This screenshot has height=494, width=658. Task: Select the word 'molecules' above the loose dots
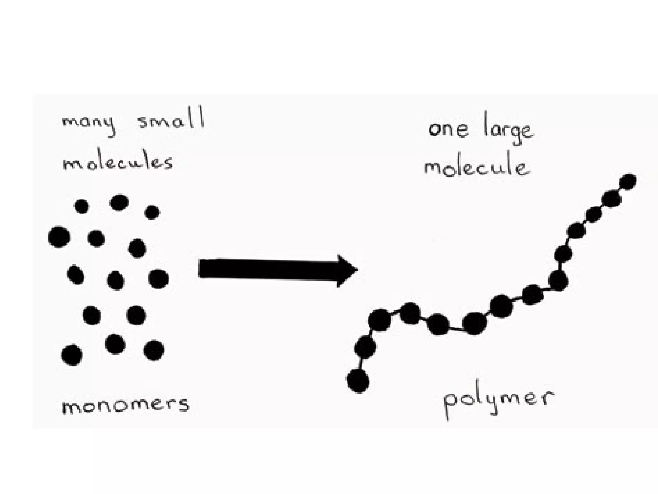pos(118,162)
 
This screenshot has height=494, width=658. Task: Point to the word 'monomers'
pos(125,405)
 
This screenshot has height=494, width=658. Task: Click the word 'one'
pos(448,129)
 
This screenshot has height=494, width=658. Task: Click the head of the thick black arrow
pos(347,270)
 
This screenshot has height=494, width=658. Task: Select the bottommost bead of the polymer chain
pos(358,381)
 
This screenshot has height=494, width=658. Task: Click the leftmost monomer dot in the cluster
pos(59,237)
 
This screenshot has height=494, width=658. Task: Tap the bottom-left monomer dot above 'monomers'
pos(72,355)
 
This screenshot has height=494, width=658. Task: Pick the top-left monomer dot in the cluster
pos(81,206)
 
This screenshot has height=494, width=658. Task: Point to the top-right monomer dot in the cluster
pos(152,212)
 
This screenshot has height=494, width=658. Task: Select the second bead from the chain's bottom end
pos(365,347)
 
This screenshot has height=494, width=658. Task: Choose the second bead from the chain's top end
pos(611,199)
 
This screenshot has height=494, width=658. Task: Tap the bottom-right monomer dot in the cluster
pos(154,350)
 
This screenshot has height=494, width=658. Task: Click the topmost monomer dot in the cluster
pos(119,203)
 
